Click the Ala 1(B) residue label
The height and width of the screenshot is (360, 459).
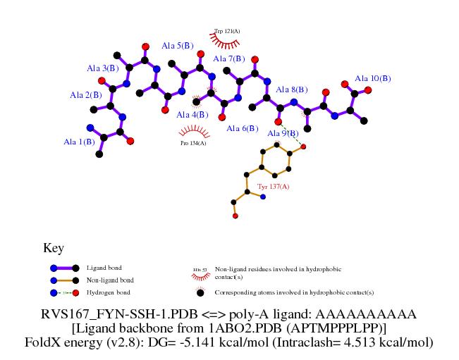[79, 142]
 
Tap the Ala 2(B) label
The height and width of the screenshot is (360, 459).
[85, 94]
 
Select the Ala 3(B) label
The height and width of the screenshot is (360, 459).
[102, 68]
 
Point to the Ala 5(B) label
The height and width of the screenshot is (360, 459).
[177, 46]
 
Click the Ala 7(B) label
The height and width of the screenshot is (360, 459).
[228, 58]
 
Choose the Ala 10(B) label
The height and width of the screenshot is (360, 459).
[372, 78]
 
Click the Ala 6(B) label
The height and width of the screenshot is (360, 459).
[243, 128]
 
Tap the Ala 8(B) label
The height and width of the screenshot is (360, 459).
[291, 89]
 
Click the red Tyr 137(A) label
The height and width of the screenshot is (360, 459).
[273, 186]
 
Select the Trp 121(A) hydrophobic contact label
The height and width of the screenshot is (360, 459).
[227, 32]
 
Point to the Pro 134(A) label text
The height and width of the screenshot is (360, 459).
[193, 143]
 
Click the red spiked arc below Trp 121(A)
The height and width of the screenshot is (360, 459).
[227, 42]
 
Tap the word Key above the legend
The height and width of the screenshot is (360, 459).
[54, 248]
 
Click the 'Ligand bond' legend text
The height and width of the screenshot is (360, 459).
[103, 268]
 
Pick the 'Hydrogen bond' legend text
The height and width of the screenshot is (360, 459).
[108, 292]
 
